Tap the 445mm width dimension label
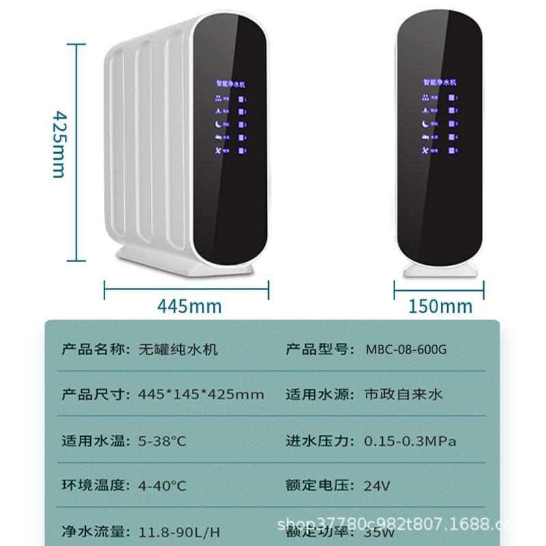click(189, 305)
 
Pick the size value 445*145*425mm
click(201, 394)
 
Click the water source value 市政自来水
click(403, 394)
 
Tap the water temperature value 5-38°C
click(162, 441)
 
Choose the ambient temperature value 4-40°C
click(162, 486)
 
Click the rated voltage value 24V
click(377, 486)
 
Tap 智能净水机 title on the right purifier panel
click(440, 83)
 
